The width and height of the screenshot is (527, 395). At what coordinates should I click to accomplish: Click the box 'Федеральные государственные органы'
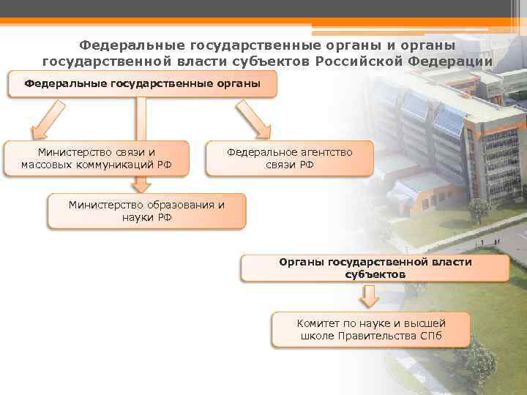click(142, 84)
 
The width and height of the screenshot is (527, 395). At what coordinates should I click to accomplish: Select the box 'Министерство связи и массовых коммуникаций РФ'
click(97, 158)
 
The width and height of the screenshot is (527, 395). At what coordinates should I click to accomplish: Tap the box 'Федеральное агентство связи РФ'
click(289, 158)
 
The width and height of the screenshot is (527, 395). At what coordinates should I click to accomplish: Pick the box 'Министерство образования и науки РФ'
click(146, 211)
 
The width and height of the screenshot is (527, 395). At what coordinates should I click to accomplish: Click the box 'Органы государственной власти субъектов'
click(375, 268)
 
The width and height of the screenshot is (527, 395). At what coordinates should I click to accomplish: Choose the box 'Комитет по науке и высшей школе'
click(371, 329)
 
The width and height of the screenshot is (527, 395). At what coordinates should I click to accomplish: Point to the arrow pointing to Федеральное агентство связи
click(252, 118)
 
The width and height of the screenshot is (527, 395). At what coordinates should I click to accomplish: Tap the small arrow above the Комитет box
click(370, 296)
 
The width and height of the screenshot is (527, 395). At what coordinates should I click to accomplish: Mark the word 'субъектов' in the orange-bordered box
click(375, 274)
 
